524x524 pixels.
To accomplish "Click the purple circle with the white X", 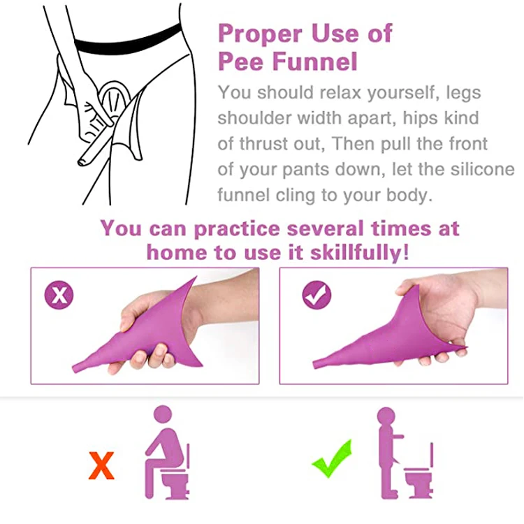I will [x=60, y=295].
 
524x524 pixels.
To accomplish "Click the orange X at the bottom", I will [x=101, y=466].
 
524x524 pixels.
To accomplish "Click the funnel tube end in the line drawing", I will [x=82, y=161].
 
